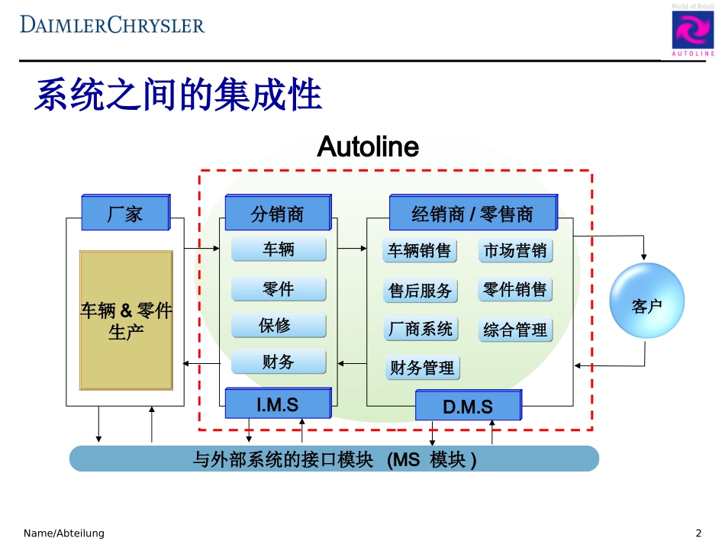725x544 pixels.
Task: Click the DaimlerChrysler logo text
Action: [113, 24]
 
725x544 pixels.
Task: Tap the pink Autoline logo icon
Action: [693, 31]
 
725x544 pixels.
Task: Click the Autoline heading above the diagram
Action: [368, 146]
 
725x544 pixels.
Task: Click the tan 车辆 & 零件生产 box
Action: [127, 321]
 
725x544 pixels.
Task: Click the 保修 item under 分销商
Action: [278, 326]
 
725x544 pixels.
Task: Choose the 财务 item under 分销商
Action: [278, 362]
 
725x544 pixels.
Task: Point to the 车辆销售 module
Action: [420, 251]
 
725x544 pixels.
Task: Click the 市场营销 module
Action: [515, 251]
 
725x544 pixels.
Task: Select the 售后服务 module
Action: [420, 291]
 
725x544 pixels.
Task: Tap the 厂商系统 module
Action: [420, 329]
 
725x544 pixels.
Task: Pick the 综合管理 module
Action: [515, 330]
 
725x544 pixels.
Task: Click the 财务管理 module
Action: [421, 368]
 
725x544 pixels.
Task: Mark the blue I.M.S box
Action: [278, 404]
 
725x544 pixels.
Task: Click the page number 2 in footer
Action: [698, 533]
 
